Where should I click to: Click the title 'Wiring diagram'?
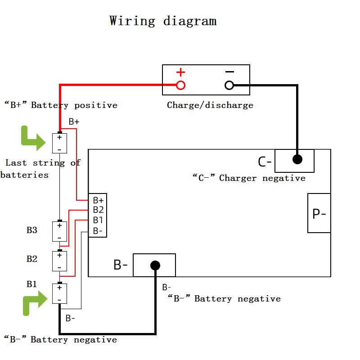pos(163,21)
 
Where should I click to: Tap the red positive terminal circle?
pos(180,85)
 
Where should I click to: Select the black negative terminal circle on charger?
pos(229,85)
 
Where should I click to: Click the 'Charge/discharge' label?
pos(210,105)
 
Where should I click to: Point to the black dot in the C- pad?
pos(297,159)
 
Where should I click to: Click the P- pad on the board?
pos(319,213)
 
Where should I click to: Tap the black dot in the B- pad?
pos(155,265)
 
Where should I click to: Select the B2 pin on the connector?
pos(98,210)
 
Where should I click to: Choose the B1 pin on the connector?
pos(98,220)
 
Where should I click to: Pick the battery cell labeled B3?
pos(59,231)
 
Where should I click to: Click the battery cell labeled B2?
pos(59,261)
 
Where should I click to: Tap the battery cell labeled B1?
pos(59,293)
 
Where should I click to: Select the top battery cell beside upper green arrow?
pos(59,143)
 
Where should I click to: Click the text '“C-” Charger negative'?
pos(249,178)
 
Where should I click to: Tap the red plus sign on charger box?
pos(180,72)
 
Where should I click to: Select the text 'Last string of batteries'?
pos(40,169)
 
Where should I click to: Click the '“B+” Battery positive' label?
pos(61,105)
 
